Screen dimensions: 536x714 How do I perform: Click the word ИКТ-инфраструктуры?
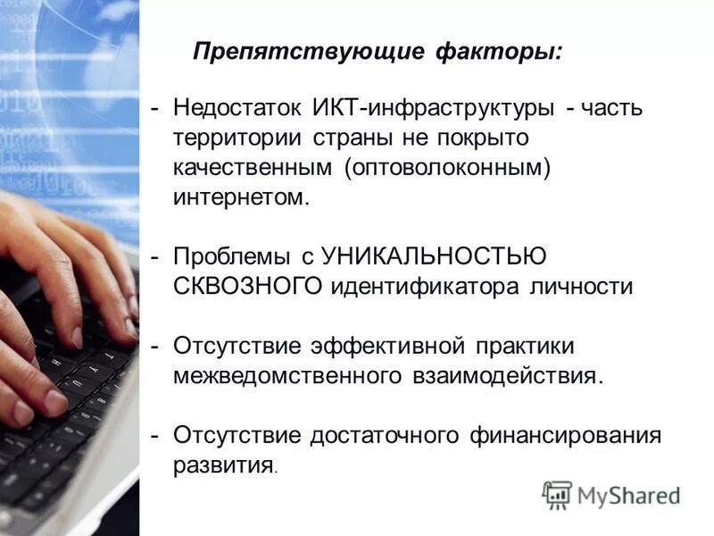pyautogui.click(x=432, y=108)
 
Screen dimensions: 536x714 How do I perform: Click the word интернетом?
pyautogui.click(x=241, y=197)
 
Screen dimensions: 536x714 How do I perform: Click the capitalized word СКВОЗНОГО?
pyautogui.click(x=248, y=287)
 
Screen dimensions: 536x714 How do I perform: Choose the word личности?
pyautogui.click(x=583, y=287)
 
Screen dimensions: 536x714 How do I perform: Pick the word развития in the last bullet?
pyautogui.click(x=223, y=465)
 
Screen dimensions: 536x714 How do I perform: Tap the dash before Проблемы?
pyautogui.click(x=155, y=257)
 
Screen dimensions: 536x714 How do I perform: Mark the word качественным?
pyautogui.click(x=255, y=169)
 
